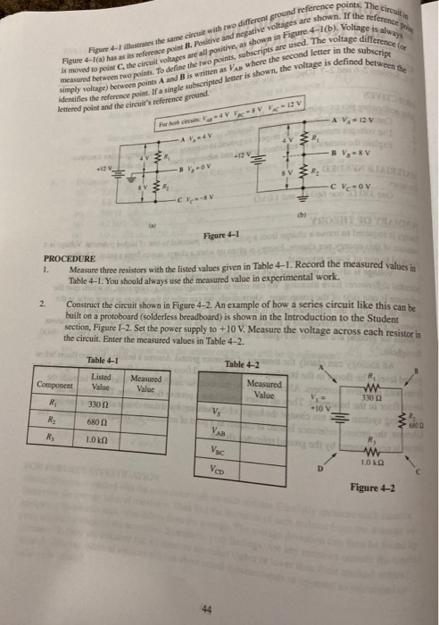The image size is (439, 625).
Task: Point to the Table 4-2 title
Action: pyautogui.click(x=244, y=364)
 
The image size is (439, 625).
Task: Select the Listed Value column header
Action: pyautogui.click(x=101, y=384)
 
